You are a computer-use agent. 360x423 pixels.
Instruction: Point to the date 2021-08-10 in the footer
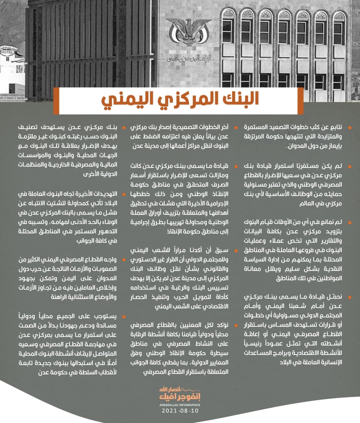(180, 411)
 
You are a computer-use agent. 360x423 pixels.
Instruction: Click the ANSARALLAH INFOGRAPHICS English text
(180, 404)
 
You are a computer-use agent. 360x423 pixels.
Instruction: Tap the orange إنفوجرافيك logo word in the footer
(180, 397)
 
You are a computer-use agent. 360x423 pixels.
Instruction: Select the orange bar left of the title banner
(56, 99)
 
